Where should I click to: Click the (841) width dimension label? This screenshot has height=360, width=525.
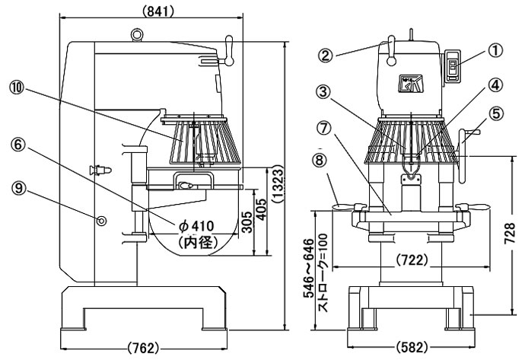pyautogui.click(x=158, y=12)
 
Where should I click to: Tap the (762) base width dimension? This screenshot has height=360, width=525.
pyautogui.click(x=143, y=349)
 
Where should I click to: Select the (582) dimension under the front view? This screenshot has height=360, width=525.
pyautogui.click(x=412, y=347)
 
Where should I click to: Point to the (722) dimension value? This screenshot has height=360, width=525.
pyautogui.click(x=412, y=260)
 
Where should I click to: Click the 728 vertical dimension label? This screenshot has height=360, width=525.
pyautogui.click(x=510, y=234)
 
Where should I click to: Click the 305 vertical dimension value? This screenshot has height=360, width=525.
pyautogui.click(x=247, y=222)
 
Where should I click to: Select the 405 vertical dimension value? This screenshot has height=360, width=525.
pyautogui.click(x=262, y=209)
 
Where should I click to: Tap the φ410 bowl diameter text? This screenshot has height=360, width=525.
pyautogui.click(x=196, y=226)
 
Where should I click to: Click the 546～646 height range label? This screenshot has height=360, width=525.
pyautogui.click(x=309, y=268)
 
